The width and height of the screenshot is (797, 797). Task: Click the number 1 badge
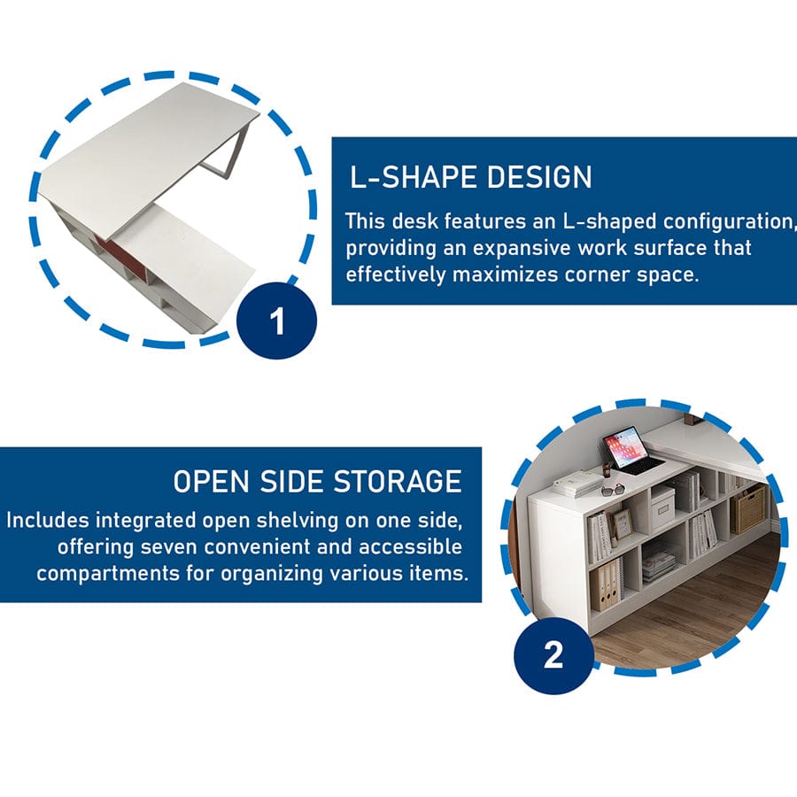pos(277,321)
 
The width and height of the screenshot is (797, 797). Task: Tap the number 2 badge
pos(553,655)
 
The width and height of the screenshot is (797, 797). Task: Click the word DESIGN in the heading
pos(539,177)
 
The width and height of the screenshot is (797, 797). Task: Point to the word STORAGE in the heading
pos(398,481)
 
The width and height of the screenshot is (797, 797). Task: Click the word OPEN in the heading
pos(211,481)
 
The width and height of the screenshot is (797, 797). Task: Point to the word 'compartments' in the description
pos(108,574)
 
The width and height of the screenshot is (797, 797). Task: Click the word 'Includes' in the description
pos(48,521)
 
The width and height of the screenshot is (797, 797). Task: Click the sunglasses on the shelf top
pos(614,491)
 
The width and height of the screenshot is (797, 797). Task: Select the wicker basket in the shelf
pos(748,508)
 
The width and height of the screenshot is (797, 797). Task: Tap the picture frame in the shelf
pos(622,523)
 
